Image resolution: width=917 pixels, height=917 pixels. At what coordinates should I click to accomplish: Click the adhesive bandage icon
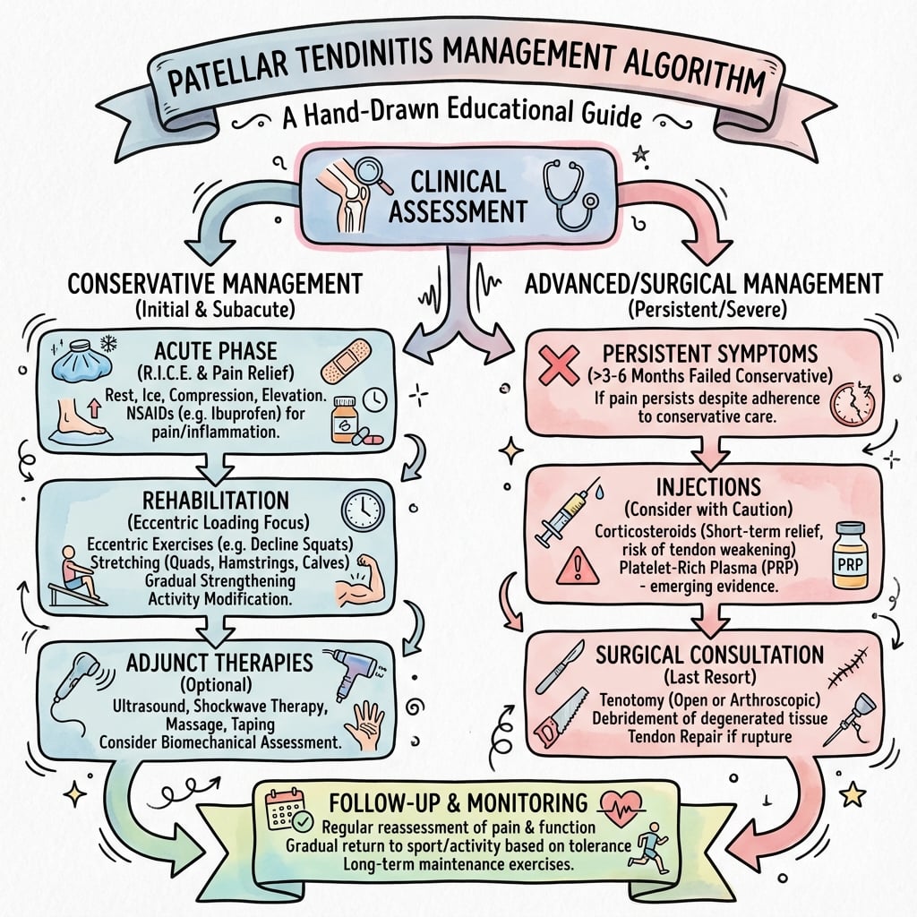[347, 362]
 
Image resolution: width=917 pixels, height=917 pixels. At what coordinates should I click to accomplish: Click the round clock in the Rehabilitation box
[364, 510]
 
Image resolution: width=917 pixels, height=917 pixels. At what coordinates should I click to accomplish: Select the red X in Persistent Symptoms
[559, 364]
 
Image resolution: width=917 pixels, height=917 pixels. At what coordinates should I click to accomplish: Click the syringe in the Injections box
[566, 513]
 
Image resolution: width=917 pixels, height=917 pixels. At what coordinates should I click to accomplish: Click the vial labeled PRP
[850, 555]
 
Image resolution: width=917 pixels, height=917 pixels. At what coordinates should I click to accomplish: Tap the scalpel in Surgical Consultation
[561, 666]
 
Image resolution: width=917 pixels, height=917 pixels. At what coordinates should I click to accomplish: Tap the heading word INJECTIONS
[708, 487]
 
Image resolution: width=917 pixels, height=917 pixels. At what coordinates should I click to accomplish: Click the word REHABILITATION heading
[216, 501]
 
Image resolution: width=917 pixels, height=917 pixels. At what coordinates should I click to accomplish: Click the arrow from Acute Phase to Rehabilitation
[215, 466]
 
